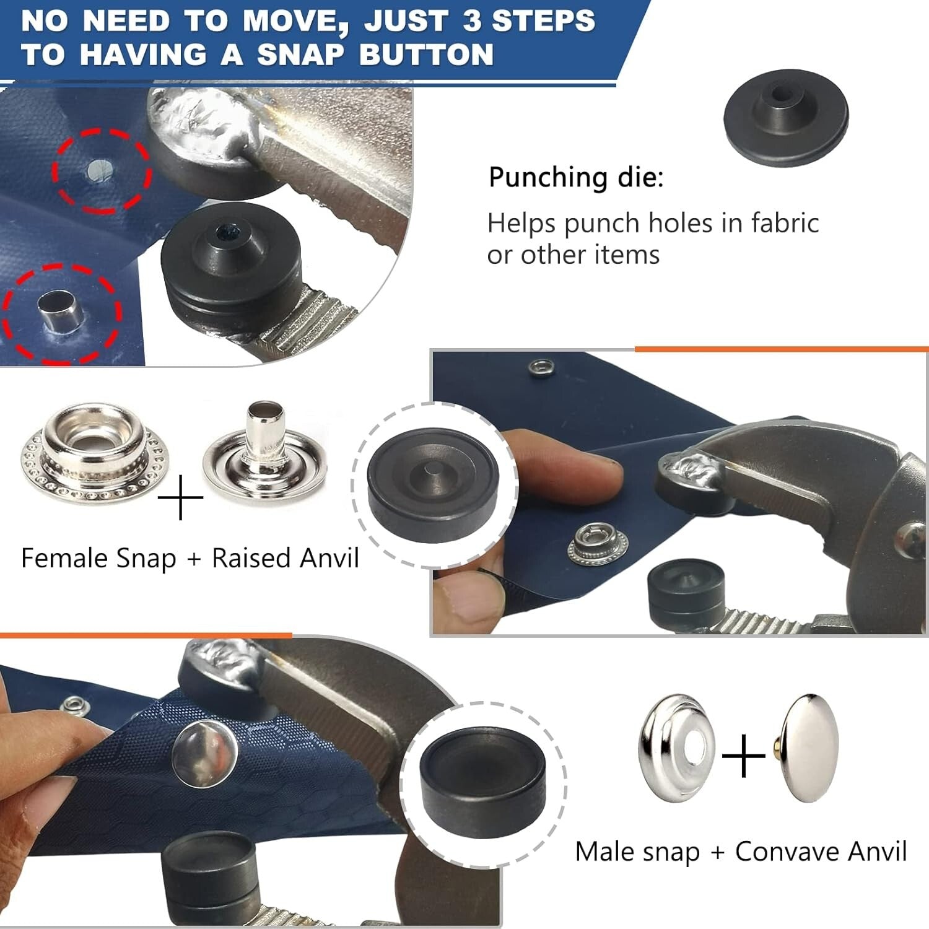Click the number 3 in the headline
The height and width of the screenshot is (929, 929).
(472, 20)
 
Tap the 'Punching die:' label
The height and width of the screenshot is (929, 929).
(575, 177)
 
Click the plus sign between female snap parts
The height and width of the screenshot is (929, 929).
(180, 498)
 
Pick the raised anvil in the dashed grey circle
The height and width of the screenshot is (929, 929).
(434, 484)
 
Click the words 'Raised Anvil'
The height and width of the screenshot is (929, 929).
(285, 558)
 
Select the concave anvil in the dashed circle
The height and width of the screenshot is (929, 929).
(483, 783)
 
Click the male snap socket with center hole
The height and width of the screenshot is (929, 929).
(676, 748)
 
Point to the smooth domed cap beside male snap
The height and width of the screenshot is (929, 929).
(809, 748)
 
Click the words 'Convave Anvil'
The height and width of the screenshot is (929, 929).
(820, 852)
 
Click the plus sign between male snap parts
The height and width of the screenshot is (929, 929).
(744, 756)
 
